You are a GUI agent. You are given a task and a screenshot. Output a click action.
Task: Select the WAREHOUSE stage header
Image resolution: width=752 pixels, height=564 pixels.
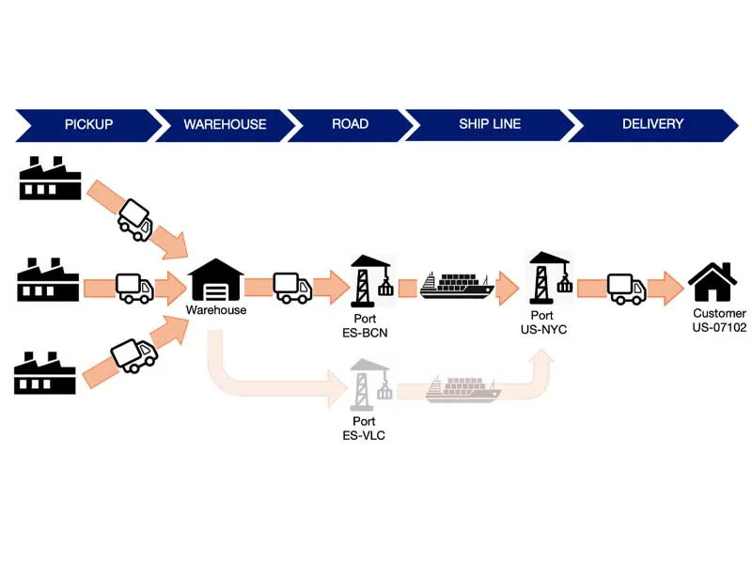click(x=224, y=124)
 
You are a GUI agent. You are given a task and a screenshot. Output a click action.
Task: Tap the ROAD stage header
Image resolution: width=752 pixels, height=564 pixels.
click(x=350, y=124)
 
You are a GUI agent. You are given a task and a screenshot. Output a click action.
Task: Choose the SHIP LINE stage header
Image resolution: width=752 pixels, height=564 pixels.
click(x=489, y=124)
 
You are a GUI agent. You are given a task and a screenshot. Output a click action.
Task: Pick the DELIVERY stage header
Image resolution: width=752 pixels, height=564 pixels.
click(x=652, y=124)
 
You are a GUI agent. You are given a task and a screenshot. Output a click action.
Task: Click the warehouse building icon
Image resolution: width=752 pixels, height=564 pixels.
click(x=216, y=280)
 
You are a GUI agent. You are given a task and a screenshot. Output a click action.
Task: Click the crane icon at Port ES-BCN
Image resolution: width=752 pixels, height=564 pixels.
click(x=370, y=280)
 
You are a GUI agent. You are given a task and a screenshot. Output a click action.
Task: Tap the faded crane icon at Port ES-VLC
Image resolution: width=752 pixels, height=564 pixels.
click(x=369, y=385)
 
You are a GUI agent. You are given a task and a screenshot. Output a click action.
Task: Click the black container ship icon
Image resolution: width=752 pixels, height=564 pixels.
click(x=457, y=286)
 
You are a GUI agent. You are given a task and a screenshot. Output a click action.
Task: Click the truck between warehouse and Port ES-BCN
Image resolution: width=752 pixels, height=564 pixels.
click(x=291, y=288)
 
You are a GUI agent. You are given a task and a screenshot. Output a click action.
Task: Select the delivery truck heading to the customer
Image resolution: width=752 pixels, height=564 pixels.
click(x=626, y=289)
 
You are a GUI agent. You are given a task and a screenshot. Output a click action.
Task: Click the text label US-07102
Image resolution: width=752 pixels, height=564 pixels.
click(x=719, y=328)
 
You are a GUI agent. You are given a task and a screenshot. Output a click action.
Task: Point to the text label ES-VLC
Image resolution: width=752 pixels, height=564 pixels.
click(x=364, y=435)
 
